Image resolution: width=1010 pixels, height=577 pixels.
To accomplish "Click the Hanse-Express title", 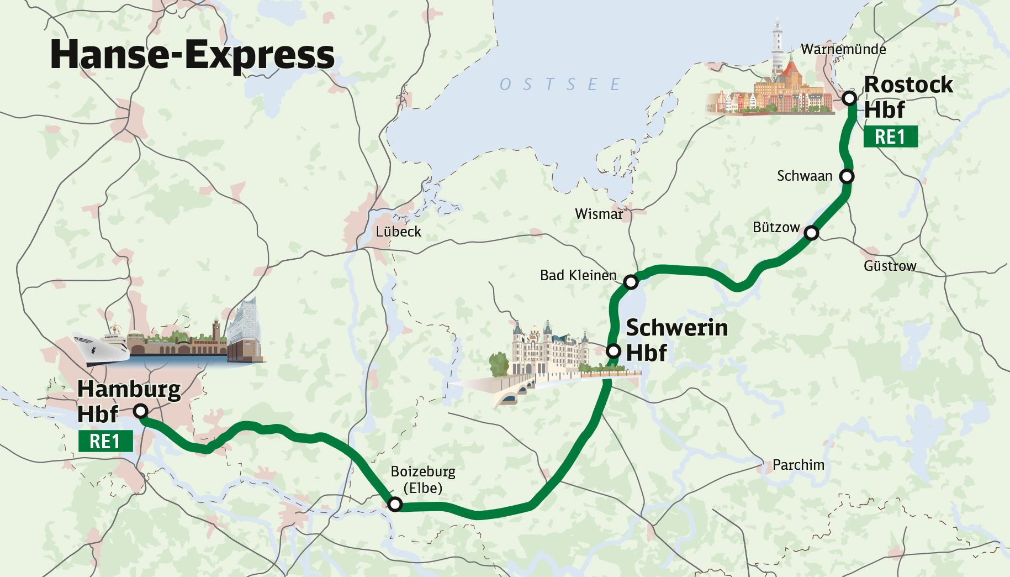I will coord(192,55).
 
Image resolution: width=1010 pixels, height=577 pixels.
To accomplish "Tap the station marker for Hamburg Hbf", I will coord(141,411).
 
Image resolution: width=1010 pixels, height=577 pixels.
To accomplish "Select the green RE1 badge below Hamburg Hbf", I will coord(105,441).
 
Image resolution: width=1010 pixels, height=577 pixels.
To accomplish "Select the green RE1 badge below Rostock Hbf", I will coord(890,137).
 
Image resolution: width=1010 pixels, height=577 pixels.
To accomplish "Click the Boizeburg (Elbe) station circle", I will coord(395,504).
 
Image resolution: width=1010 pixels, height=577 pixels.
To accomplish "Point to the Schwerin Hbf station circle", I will coord(614,351).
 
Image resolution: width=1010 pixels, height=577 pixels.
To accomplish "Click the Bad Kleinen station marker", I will coord(631,282).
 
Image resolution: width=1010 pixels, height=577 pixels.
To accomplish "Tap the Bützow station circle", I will coord(811,233).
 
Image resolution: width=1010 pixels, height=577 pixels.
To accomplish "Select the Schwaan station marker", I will coord(847,176).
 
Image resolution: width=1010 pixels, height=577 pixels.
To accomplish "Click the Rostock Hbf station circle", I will coord(849,98).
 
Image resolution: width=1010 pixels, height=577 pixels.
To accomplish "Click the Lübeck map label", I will coord(398,232).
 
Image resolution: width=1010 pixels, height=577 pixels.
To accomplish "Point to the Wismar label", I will coord(599,214).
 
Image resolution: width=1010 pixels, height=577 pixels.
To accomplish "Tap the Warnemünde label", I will coord(843,49).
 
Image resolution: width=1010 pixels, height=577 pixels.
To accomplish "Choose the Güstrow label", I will coord(890,266).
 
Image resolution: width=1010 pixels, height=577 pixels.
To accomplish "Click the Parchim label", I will coord(798,465).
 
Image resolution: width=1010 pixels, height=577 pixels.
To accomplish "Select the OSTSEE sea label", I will coord(559,85).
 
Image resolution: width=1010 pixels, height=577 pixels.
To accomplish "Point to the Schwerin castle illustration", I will coord(547,348).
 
